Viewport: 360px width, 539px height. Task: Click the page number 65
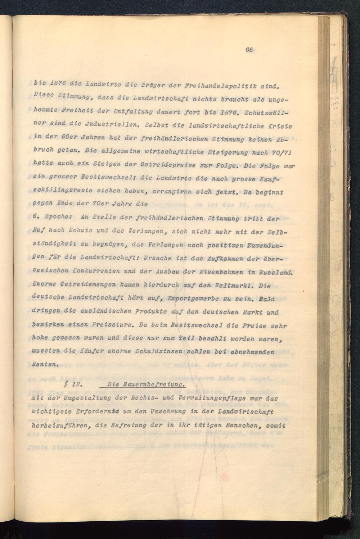coord(249,50)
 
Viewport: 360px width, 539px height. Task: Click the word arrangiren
coord(169,192)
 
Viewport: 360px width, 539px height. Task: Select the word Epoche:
coord(59,218)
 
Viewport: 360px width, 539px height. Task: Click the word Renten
coord(44,365)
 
